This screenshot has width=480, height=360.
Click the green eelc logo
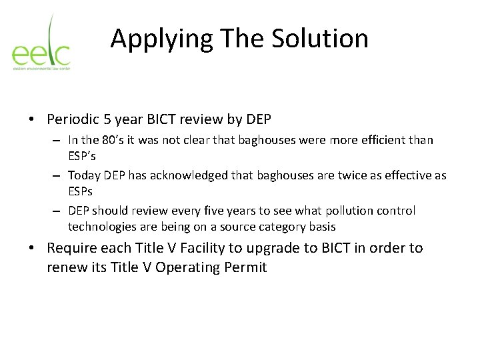pyautogui.click(x=41, y=43)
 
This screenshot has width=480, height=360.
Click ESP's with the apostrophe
pyautogui.click(x=82, y=157)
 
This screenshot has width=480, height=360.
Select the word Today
pyautogui.click(x=84, y=175)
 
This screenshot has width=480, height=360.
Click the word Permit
pyautogui.click(x=245, y=267)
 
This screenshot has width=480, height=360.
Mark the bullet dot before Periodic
pyautogui.click(x=32, y=120)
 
